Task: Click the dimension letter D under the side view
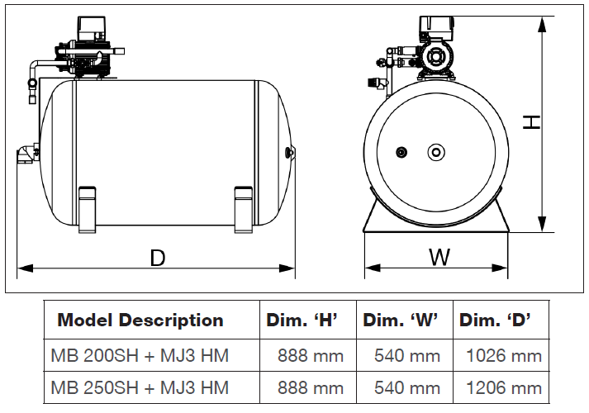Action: [158, 258]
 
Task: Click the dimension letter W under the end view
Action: [439, 258]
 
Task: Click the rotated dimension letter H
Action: [532, 122]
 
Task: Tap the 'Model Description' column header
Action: [140, 320]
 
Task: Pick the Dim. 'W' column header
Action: [401, 320]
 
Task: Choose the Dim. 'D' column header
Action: [496, 320]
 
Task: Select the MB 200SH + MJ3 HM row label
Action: [140, 356]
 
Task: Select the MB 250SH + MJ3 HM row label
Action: [140, 387]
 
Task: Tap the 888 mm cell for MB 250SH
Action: [311, 387]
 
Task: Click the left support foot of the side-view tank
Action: [88, 209]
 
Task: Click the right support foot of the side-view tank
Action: [243, 209]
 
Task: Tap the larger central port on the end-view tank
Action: [435, 152]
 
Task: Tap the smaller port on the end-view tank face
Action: [402, 152]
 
